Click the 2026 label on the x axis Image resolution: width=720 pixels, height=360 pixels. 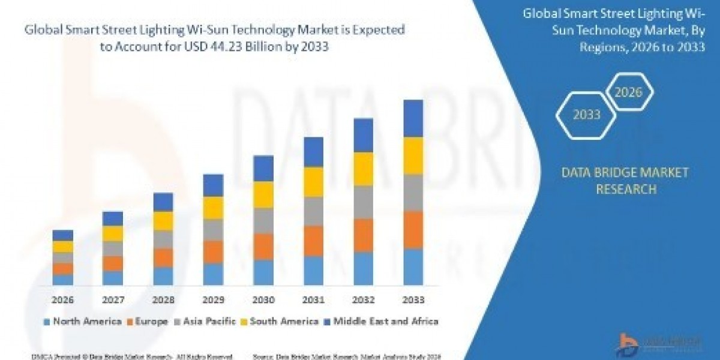[x=63, y=300]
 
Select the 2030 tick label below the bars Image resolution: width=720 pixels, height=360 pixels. [x=263, y=300]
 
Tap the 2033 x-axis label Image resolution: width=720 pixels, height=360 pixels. [x=413, y=300]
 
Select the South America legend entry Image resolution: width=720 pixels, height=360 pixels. [x=280, y=321]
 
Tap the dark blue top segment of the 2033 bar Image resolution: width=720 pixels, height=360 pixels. [x=413, y=118]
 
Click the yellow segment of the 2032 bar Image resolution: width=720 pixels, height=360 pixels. [x=363, y=169]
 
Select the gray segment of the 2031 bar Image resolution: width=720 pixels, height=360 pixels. [x=313, y=211]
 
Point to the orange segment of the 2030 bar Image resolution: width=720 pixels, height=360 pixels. [x=263, y=247]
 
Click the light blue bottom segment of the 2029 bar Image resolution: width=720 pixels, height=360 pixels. [x=213, y=274]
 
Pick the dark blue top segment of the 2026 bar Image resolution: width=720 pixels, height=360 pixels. [x=63, y=235]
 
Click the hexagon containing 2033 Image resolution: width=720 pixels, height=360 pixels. [x=586, y=115]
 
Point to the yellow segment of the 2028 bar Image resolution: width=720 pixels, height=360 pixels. [x=163, y=221]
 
